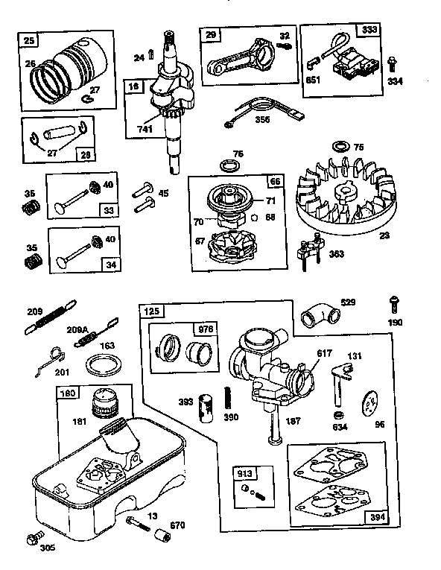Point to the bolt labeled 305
32,539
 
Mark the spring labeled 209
51,313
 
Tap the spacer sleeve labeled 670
161,536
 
